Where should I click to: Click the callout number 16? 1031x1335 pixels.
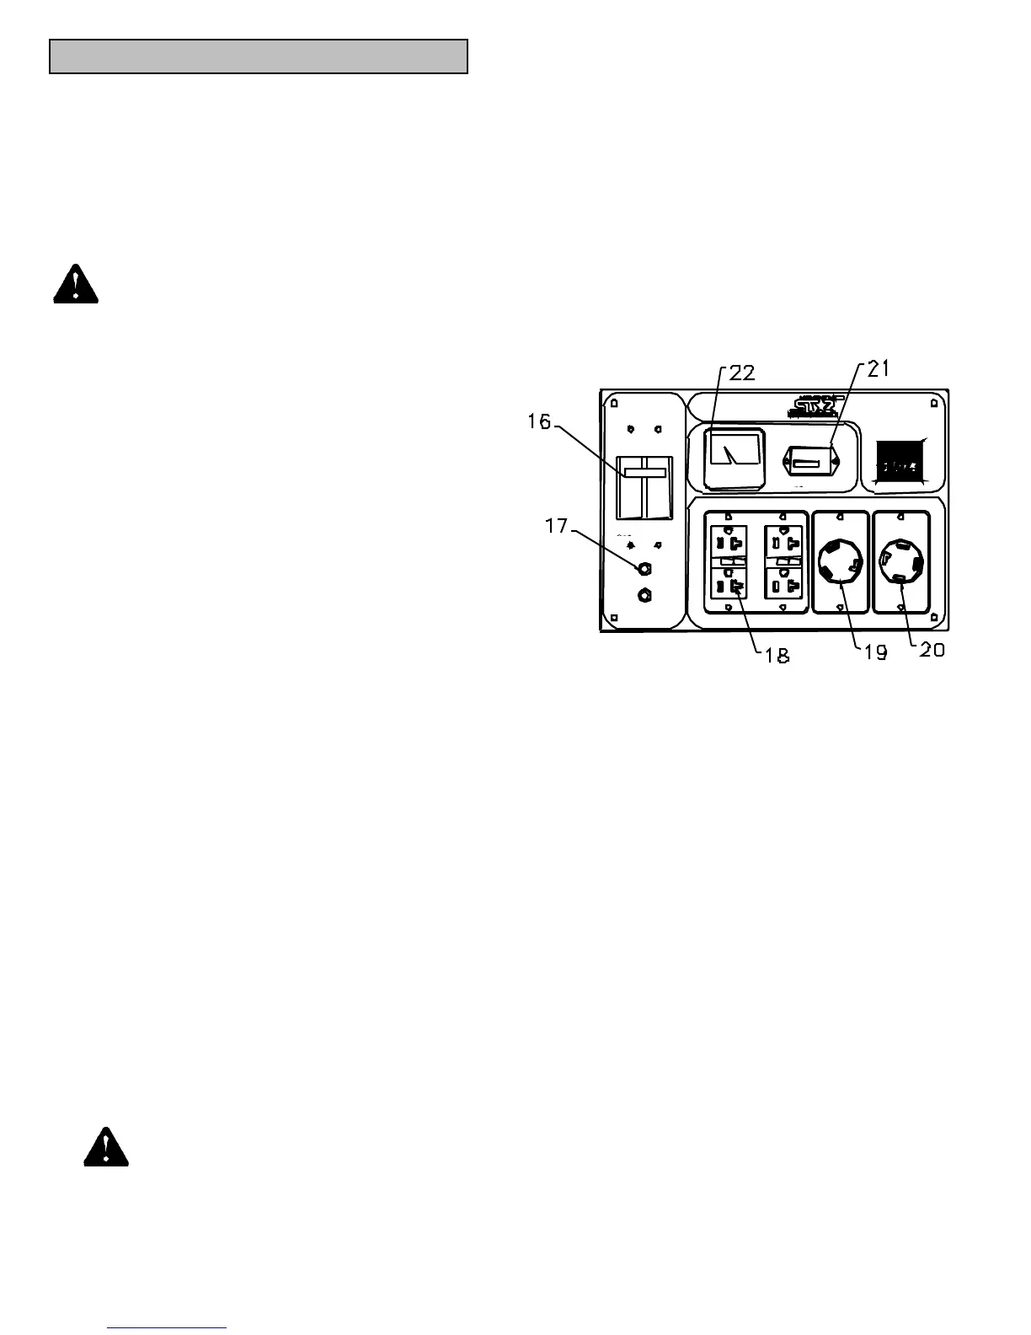click(539, 421)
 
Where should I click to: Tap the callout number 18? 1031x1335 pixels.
click(777, 656)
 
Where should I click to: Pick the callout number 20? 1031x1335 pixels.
click(931, 650)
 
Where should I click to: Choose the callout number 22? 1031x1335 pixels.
click(742, 373)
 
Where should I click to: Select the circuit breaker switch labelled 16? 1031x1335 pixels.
click(644, 488)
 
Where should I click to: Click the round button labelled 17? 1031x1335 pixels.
click(645, 567)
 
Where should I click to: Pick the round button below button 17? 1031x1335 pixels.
click(645, 595)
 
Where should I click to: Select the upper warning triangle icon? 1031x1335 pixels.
click(76, 284)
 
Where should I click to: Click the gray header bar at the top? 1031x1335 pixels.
click(259, 56)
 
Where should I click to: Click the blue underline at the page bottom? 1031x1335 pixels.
click(168, 1328)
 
